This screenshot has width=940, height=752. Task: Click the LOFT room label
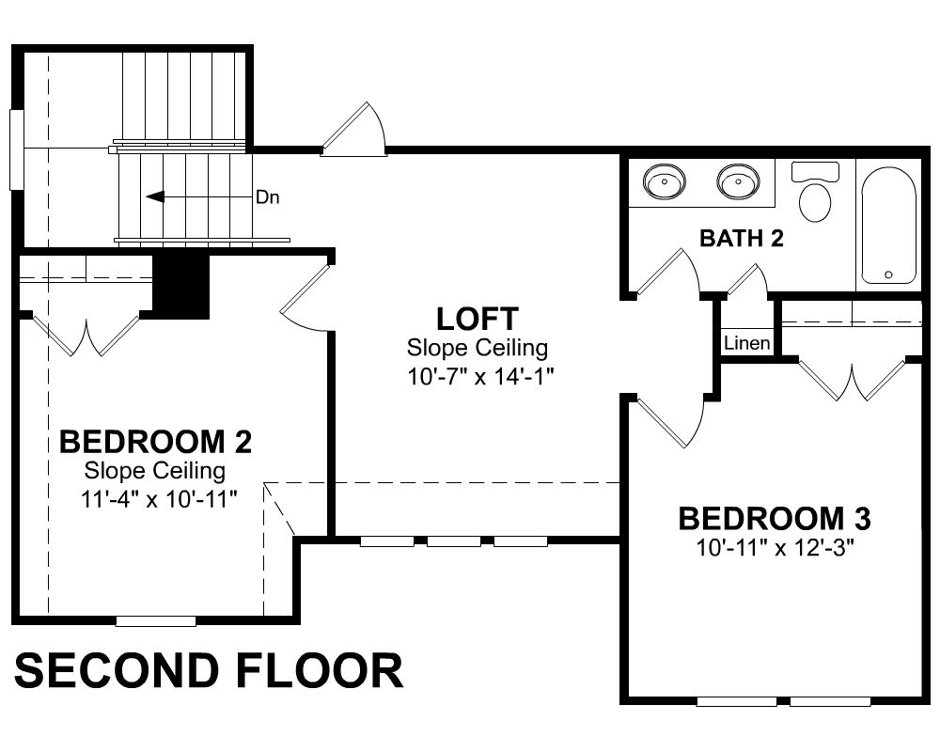(477, 319)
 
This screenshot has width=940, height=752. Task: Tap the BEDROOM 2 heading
(155, 442)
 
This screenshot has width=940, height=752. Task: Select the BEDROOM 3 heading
(774, 518)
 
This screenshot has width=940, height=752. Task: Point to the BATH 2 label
(742, 238)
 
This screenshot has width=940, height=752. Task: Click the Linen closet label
(747, 344)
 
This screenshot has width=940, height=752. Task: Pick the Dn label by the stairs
(267, 196)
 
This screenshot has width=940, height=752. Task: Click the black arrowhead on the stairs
(155, 196)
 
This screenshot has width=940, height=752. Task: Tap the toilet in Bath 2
(815, 192)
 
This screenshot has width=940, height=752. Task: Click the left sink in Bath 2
(664, 180)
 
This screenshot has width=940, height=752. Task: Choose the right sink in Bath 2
(738, 180)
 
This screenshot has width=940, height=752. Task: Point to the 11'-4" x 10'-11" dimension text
(159, 498)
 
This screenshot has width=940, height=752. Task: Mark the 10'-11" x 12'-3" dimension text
(775, 547)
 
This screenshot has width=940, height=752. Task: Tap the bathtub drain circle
(888, 274)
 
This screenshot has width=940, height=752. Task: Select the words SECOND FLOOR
(208, 670)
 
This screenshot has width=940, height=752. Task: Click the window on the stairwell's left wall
(16, 149)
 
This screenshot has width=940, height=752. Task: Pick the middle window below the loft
(454, 542)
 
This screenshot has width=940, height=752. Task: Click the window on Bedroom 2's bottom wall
(156, 621)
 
